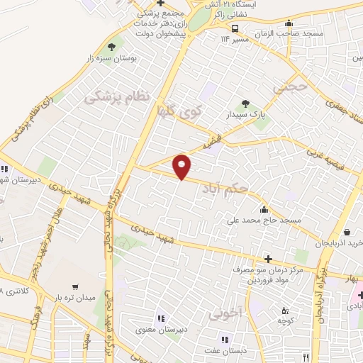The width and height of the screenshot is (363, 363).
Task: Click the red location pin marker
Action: point(182,167)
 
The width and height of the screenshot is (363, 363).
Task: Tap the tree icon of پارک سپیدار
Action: point(246,104)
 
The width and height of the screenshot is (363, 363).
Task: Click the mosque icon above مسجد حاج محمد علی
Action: point(264,209)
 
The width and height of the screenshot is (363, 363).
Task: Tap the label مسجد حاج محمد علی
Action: point(264,220)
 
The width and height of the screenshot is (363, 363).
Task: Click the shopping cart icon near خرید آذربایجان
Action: point(348,231)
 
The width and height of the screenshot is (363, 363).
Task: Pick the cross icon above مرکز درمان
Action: point(267,259)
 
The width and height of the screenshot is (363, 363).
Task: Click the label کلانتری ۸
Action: point(13,291)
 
